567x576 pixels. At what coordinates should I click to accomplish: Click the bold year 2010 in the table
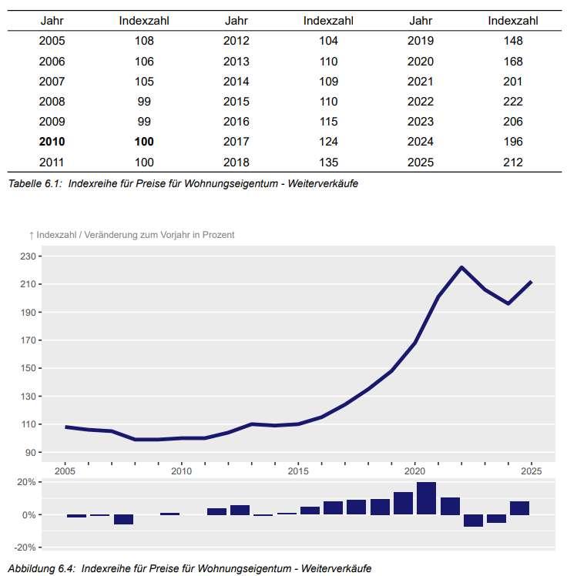point(52,142)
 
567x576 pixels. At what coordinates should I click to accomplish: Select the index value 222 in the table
point(513,102)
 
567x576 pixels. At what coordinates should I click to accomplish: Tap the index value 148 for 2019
point(513,41)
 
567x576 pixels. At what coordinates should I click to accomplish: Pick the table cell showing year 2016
point(237,122)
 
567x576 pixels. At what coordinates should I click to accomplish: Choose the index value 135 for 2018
point(328,162)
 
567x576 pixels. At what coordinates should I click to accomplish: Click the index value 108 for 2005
point(144,41)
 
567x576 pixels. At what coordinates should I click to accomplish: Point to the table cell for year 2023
point(421,122)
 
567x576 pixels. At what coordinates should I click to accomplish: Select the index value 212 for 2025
point(513,162)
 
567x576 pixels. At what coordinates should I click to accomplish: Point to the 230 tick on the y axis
point(28,256)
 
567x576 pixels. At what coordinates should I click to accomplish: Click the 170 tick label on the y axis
point(28,340)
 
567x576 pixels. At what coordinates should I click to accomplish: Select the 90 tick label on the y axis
point(31,452)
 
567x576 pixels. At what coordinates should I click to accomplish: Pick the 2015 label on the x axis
point(298,471)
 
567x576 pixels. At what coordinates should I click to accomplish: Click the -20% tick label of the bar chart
point(25,548)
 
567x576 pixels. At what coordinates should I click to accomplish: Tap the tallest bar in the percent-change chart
point(426,498)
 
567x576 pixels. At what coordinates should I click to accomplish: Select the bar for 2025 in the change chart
point(519,508)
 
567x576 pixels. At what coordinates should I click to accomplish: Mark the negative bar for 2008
point(123,520)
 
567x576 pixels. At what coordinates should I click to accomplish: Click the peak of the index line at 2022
point(461,267)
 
